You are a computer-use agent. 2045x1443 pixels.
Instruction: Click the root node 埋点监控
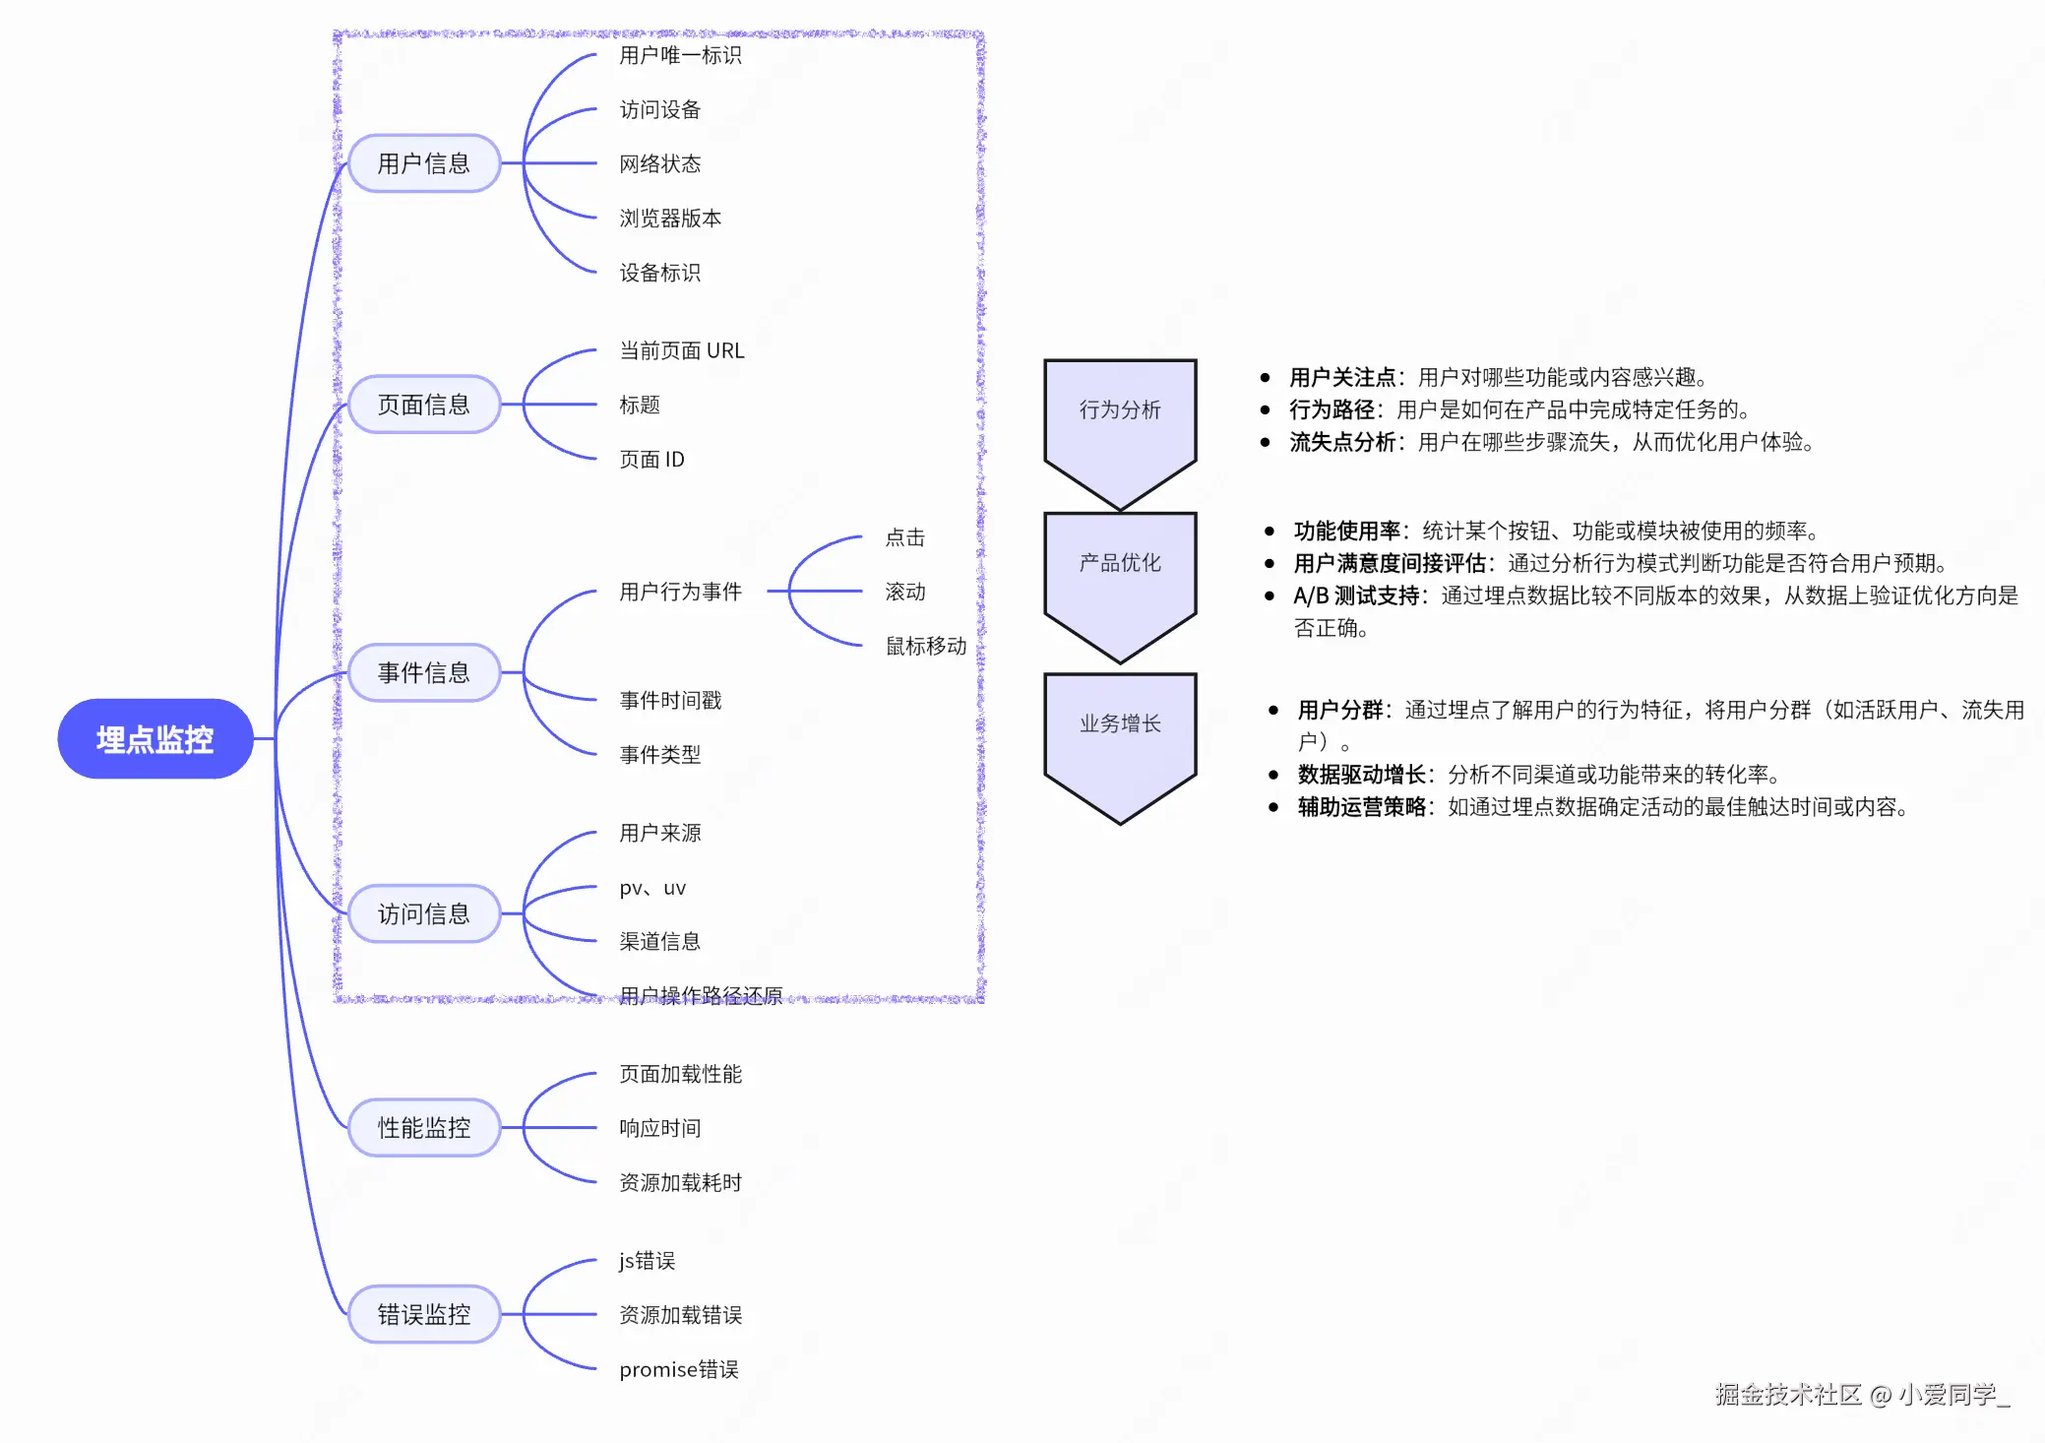click(x=155, y=739)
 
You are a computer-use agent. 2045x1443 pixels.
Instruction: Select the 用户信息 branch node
click(x=424, y=163)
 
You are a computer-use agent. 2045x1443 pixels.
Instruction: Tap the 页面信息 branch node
click(x=424, y=405)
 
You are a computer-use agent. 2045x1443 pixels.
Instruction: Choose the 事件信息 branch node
click(x=424, y=673)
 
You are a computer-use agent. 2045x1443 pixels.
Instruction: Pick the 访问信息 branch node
click(x=424, y=914)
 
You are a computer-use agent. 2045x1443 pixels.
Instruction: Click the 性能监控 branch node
click(x=424, y=1128)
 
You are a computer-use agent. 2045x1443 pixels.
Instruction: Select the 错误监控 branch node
click(x=424, y=1315)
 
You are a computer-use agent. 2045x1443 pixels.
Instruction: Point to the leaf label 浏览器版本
click(x=670, y=219)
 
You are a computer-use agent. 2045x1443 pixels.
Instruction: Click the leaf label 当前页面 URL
click(x=682, y=351)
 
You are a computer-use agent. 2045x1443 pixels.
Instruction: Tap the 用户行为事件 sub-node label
click(x=680, y=592)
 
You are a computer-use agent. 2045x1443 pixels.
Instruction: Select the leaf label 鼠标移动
click(x=926, y=647)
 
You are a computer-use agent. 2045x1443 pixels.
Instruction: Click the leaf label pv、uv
click(x=652, y=888)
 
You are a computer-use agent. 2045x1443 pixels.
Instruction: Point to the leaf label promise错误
click(x=679, y=1370)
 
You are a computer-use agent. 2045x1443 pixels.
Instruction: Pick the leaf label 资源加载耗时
click(x=680, y=1183)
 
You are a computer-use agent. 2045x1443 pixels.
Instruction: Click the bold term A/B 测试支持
click(x=1356, y=596)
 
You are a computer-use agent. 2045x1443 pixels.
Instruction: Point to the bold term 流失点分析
click(x=1342, y=443)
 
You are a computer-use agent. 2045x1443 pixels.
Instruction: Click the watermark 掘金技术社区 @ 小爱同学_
click(x=1862, y=1395)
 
